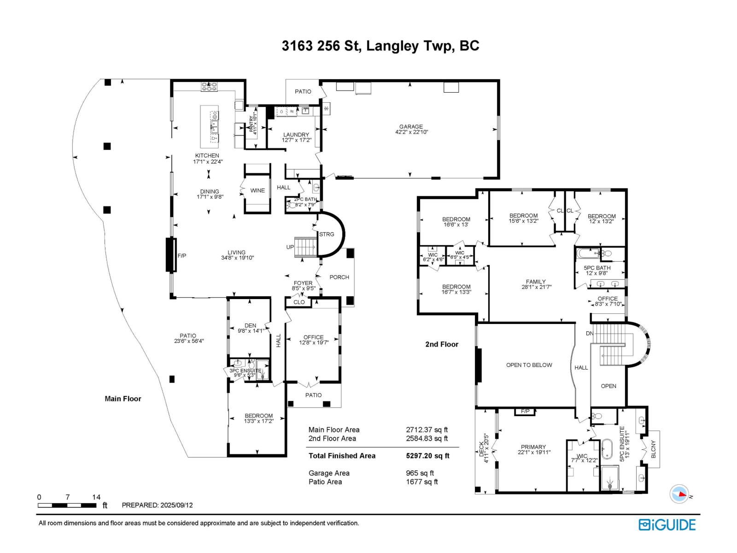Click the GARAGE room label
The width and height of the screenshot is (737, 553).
click(x=411, y=127)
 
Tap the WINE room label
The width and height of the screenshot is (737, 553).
click(x=257, y=190)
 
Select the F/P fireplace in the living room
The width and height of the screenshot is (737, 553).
click(x=171, y=255)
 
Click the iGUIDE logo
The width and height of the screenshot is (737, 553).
click(x=667, y=525)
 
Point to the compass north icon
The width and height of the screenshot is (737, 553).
click(x=679, y=494)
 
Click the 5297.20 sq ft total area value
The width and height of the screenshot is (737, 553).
click(x=427, y=456)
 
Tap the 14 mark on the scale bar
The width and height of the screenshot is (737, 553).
click(x=96, y=497)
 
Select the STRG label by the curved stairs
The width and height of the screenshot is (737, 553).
click(x=327, y=234)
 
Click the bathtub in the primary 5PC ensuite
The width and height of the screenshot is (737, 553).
click(x=607, y=449)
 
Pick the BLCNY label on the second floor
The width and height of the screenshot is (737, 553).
click(x=653, y=449)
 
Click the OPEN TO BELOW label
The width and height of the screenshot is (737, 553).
click(x=529, y=365)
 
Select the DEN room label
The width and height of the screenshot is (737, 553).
click(x=250, y=325)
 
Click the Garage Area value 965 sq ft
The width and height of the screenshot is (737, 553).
click(x=420, y=473)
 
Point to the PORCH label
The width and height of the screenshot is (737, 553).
click(x=339, y=277)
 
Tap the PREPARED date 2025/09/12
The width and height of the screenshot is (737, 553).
click(x=176, y=505)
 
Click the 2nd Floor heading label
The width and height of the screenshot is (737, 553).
click(x=442, y=344)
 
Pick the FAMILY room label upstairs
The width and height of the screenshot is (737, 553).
click(x=536, y=282)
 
